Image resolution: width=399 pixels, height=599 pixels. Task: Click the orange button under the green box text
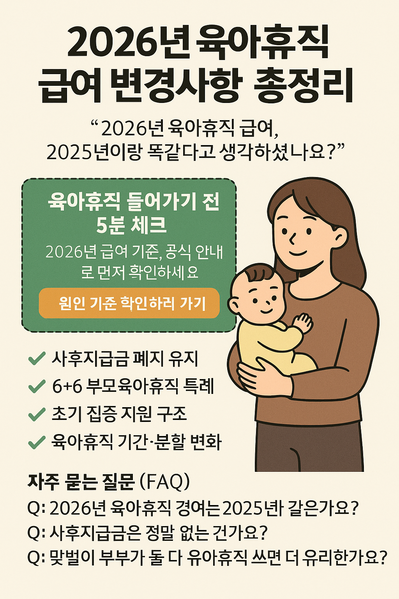[x=129, y=303]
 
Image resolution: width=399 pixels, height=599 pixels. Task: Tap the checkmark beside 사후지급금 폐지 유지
[x=36, y=358]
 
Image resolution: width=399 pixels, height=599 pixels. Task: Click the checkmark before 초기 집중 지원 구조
[x=36, y=415]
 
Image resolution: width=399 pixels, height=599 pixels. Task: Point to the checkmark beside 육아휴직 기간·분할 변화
[x=36, y=442]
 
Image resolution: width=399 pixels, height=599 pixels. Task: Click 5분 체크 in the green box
[x=131, y=225]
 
